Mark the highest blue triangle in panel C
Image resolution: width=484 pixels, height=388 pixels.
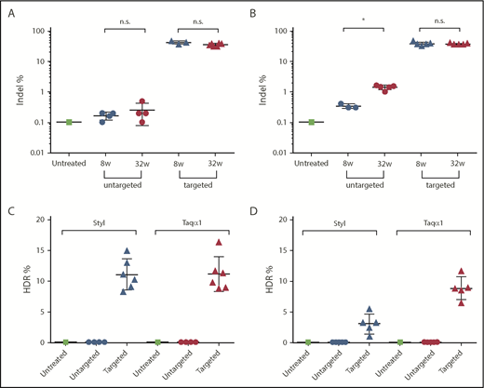(127, 251)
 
